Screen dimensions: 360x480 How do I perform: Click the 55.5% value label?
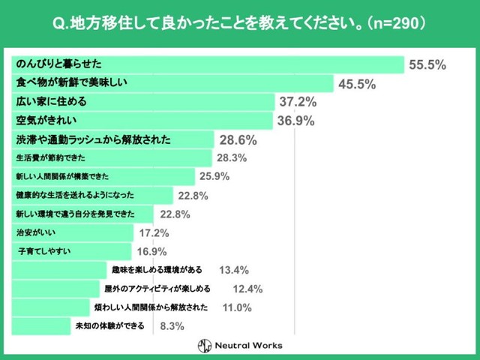point(427,65)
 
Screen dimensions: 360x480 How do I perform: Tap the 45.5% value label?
point(357,84)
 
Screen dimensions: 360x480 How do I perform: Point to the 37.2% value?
point(298,102)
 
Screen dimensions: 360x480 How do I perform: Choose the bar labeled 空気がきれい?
point(142,120)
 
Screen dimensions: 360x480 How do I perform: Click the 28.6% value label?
point(238,139)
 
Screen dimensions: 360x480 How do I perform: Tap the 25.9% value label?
point(214,177)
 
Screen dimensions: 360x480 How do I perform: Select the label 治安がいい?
point(33,232)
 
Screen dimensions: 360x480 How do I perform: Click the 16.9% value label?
point(151,251)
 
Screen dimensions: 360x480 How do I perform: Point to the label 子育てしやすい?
point(44,251)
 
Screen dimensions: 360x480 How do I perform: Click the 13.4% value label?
point(233,270)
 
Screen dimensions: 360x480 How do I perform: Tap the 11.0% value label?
point(237,307)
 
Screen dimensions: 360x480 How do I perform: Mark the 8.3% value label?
point(172,326)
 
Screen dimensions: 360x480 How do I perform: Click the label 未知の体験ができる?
point(110,326)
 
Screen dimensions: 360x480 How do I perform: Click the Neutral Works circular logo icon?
point(205,346)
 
